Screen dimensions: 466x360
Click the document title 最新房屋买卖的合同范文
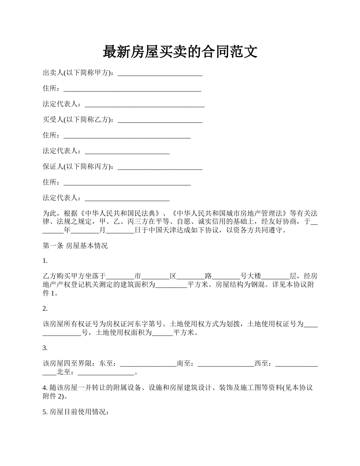click(180, 52)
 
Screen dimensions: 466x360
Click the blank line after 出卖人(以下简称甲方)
click(160, 74)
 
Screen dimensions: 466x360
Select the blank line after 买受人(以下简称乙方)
click(160, 120)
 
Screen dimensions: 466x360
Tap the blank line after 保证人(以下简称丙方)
click(160, 167)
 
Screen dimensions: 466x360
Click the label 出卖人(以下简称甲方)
click(77, 73)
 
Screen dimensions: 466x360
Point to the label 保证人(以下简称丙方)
click(77, 167)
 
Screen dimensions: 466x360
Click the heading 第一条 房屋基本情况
click(75, 246)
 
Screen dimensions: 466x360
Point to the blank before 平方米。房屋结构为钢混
click(171, 285)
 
